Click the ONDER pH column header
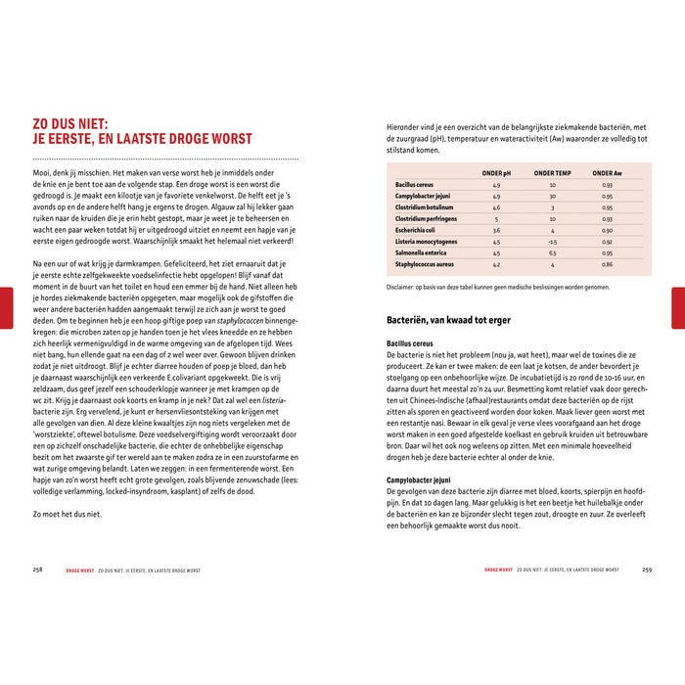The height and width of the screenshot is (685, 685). point(497,173)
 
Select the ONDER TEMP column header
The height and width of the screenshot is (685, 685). point(552,173)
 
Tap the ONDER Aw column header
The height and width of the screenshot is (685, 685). point(607,173)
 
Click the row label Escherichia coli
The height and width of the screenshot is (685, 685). point(418,230)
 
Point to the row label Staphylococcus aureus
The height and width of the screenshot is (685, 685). point(426,264)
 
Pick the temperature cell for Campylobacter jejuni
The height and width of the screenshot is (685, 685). point(553,196)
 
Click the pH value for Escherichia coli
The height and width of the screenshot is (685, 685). point(497,230)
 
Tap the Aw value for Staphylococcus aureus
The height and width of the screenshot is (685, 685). point(608,264)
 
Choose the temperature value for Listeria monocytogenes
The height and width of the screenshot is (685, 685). point(553,242)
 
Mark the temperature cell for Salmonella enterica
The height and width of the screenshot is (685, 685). point(553,252)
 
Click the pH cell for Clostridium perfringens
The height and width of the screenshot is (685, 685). point(497,219)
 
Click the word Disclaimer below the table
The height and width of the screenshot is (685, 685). point(403,288)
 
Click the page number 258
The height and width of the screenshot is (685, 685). point(37,569)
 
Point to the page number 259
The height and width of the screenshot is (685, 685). point(647,569)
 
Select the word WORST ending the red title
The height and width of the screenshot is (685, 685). point(225,139)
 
